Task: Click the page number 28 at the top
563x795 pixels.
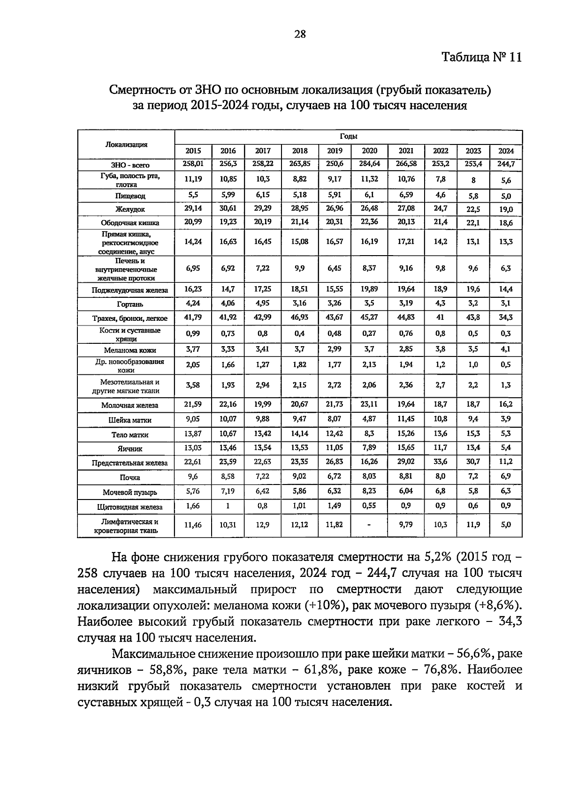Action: (300, 34)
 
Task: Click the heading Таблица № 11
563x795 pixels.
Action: (482, 57)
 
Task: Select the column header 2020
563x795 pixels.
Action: (369, 151)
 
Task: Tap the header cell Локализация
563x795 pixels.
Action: (126, 144)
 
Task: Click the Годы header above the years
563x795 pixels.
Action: (348, 136)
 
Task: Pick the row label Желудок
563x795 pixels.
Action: (130, 209)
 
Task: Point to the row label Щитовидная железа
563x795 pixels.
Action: (130, 507)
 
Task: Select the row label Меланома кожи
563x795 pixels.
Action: (130, 350)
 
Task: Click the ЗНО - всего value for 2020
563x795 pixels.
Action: (369, 164)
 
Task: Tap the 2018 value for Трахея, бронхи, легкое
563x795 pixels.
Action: (299, 317)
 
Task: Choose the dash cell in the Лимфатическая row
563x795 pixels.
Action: (369, 525)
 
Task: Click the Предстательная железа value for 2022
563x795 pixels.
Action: (440, 462)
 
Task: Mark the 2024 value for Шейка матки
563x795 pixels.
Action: (506, 419)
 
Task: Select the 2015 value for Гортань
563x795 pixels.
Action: (193, 303)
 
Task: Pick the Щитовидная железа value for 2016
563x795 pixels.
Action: (228, 506)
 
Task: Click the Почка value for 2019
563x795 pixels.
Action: (334, 476)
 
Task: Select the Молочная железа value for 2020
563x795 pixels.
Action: (369, 404)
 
